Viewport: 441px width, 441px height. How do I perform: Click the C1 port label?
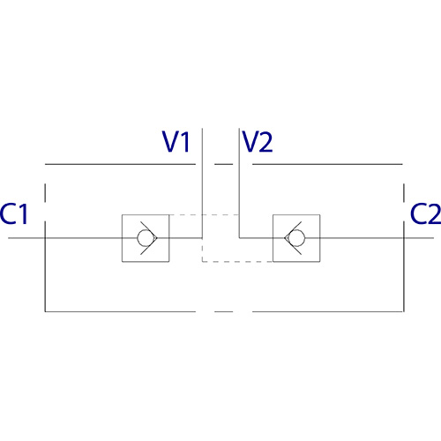14,213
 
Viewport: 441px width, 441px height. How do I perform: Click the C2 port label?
426,213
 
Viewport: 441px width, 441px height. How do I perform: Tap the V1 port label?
176,141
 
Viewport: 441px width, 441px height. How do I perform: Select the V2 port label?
258,141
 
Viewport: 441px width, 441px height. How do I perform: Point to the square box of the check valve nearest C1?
122,238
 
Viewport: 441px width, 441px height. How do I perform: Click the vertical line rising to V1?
202,183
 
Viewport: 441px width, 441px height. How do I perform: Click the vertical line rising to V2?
239,183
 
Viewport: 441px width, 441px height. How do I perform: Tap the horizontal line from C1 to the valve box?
65,238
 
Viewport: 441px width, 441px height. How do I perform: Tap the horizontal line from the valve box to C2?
377,238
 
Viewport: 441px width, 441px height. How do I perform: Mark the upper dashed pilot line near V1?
205,214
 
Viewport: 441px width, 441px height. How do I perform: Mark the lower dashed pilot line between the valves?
237,261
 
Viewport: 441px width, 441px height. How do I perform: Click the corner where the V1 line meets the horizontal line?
202,238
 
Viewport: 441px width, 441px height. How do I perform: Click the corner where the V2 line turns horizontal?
239,238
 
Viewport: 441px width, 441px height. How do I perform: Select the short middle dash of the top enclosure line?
224,164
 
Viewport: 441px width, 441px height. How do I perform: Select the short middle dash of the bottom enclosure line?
224,311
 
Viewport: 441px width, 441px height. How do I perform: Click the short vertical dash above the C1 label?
45,192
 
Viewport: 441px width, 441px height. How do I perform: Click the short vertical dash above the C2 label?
404,192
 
